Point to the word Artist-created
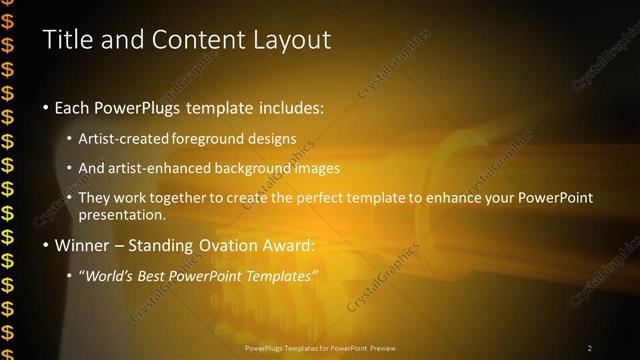click(x=124, y=139)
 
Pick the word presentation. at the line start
click(x=122, y=214)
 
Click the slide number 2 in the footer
click(x=590, y=348)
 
